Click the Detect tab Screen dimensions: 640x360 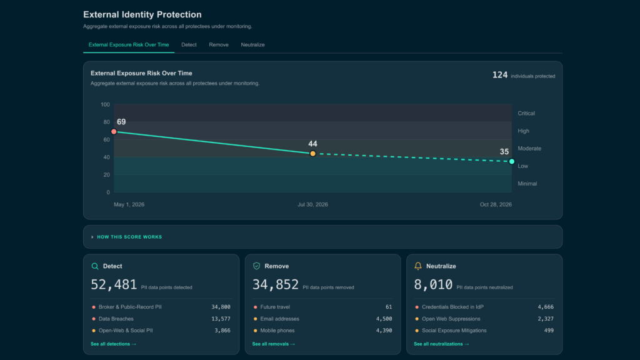[189, 45]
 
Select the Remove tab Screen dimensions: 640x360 [219, 45]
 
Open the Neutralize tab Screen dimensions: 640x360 [252, 45]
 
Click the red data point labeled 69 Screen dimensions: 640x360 [114, 132]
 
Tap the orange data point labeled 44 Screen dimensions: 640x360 [312, 154]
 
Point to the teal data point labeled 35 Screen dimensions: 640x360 [512, 162]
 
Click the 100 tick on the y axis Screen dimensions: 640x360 [105, 105]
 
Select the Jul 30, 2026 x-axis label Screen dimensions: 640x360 [312, 204]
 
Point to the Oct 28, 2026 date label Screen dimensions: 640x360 [496, 204]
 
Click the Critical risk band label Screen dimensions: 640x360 [526, 114]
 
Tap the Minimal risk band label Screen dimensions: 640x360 [527, 184]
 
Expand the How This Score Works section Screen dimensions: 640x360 [129, 237]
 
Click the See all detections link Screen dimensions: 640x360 [114, 344]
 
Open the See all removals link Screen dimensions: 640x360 [274, 344]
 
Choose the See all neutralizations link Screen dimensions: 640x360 [441, 344]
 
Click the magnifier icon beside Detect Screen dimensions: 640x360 [95, 266]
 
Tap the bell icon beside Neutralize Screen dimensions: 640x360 [418, 266]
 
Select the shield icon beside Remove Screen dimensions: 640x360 [256, 266]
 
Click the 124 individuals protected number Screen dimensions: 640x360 [500, 75]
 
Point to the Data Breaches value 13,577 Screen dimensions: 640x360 [221, 319]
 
